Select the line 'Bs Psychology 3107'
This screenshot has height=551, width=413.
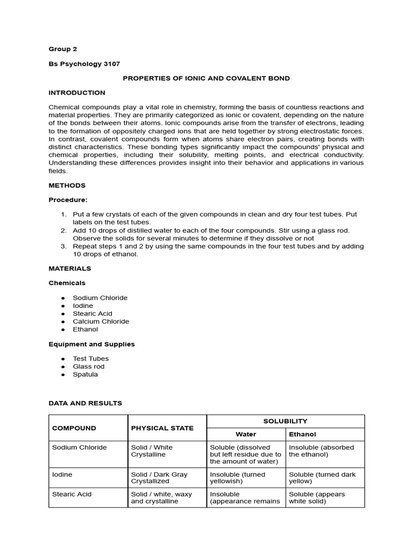(x=82, y=63)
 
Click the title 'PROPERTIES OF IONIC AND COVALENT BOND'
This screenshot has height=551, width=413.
(x=206, y=78)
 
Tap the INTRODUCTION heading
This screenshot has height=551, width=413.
(x=77, y=93)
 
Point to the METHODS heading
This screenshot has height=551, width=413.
(x=67, y=185)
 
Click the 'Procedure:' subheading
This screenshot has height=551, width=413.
(x=68, y=200)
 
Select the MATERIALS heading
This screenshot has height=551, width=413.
(x=70, y=268)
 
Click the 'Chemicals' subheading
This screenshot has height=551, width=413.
(x=67, y=282)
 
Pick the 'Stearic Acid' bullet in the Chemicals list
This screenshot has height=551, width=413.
(x=92, y=313)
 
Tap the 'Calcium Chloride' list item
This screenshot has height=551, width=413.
(x=101, y=321)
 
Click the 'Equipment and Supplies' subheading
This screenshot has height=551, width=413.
(x=91, y=344)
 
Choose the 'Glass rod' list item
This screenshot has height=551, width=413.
(x=89, y=366)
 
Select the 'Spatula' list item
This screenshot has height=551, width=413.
(x=85, y=374)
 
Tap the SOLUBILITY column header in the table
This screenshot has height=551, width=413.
(x=286, y=421)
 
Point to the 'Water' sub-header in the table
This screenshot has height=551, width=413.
(x=246, y=434)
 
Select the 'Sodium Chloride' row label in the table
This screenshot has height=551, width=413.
(x=79, y=447)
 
